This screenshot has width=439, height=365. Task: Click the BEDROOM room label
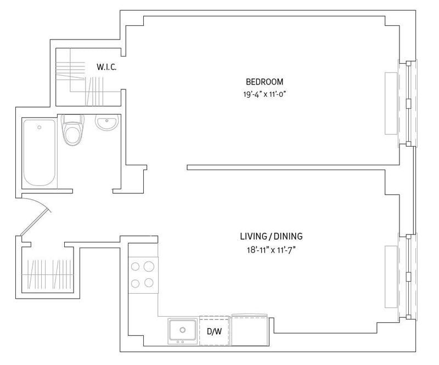[x=264, y=82]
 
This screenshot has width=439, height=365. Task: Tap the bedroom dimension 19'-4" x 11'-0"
[x=264, y=94]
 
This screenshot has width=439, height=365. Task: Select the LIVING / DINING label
[x=271, y=237]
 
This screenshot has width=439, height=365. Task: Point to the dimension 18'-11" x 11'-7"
[x=271, y=250]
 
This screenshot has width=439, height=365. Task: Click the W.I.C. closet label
[x=106, y=67]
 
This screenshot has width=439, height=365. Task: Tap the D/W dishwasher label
[x=214, y=332]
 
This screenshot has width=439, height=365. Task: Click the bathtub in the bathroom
[x=40, y=153]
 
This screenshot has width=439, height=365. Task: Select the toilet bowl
[x=72, y=136]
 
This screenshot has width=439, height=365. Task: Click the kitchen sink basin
[x=183, y=330]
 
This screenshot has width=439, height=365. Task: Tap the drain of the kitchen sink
[x=183, y=330]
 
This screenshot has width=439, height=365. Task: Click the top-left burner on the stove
[x=135, y=266]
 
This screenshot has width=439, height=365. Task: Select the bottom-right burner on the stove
[x=149, y=283]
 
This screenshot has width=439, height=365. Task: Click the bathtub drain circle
[x=39, y=127]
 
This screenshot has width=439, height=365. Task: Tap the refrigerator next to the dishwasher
[x=249, y=330]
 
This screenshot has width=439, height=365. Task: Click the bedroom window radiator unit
[x=391, y=103]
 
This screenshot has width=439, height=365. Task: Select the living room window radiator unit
[x=391, y=277]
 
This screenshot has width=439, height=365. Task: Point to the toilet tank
[x=72, y=119]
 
